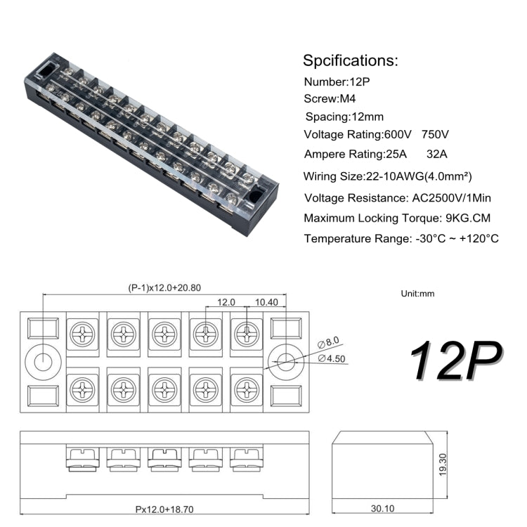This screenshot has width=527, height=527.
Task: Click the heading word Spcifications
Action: [350, 60]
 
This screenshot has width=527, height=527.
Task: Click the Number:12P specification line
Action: [337, 82]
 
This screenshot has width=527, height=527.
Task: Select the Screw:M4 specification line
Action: [330, 99]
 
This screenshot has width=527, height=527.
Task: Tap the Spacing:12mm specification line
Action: [344, 117]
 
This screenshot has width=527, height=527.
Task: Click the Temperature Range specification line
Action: [401, 239]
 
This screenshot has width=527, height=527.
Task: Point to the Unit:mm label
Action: [418, 294]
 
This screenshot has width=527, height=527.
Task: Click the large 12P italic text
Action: [455, 363]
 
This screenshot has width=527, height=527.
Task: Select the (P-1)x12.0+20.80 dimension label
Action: [164, 287]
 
